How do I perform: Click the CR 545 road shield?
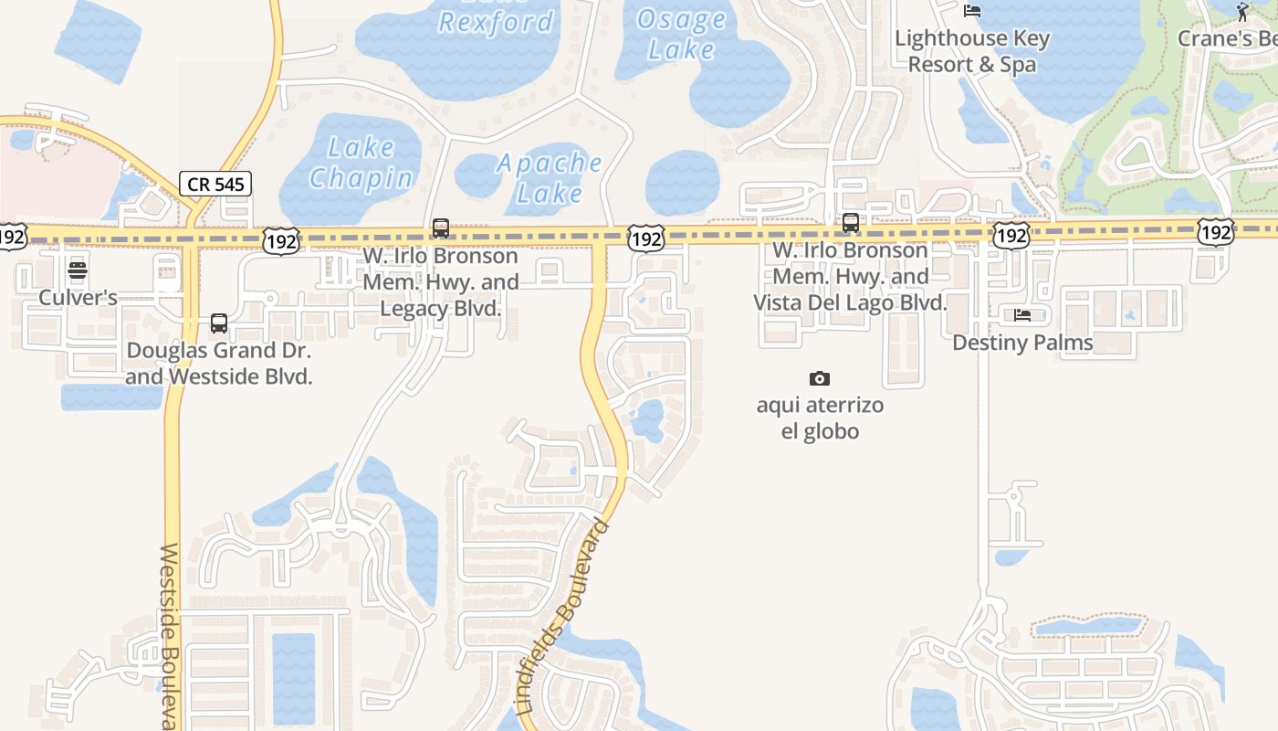[x=215, y=184]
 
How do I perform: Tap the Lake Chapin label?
[x=361, y=163]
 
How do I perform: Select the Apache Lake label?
[x=550, y=178]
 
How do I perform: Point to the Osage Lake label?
[x=681, y=34]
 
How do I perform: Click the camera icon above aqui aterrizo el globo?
[x=820, y=378]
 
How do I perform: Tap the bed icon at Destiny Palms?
[x=1022, y=315]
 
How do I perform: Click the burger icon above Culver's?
[x=78, y=270]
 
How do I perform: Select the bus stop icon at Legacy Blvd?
[x=441, y=228]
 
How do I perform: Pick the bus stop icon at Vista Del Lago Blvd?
[x=851, y=223]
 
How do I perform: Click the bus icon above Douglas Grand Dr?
[x=219, y=323]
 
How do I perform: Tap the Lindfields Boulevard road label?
[x=562, y=616]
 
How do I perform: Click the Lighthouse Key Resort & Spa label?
[x=972, y=51]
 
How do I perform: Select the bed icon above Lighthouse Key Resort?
[x=972, y=11]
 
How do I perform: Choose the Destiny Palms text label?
[x=1022, y=343]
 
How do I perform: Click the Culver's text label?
[x=78, y=298]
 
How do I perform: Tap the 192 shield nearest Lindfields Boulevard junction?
[x=646, y=239]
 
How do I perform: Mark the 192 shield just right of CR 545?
[x=279, y=241]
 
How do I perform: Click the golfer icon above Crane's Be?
[x=1241, y=12]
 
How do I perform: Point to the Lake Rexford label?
[x=496, y=20]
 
